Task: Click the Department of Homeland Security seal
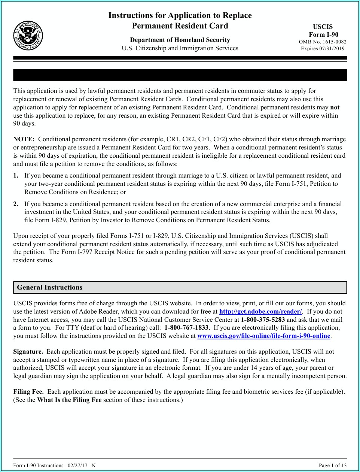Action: tap(28, 36)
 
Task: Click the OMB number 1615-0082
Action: tap(323, 42)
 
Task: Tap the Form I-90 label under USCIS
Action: tap(323, 34)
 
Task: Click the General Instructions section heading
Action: tap(49, 287)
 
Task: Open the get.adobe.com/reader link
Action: tap(260, 312)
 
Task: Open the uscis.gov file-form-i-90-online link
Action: tap(263, 336)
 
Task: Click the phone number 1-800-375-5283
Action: tap(263, 320)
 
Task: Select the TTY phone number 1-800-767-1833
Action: tap(186, 328)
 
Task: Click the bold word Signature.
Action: tap(28, 352)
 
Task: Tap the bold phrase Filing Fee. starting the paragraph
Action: tap(28, 392)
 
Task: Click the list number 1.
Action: tap(16, 176)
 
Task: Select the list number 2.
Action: tap(16, 204)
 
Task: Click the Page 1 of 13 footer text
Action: tap(332, 466)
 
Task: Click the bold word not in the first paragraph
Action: tap(335, 108)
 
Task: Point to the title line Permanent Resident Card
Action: tap(180, 26)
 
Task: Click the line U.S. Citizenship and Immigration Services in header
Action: tap(180, 48)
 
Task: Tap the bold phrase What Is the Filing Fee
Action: tap(69, 400)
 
